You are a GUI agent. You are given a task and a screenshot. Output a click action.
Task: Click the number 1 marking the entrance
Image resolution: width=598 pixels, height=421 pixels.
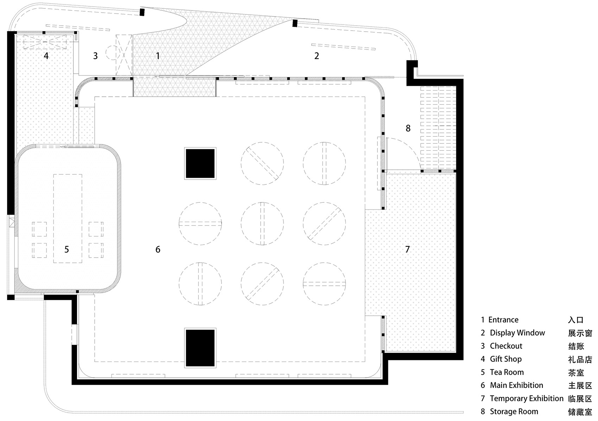(158, 56)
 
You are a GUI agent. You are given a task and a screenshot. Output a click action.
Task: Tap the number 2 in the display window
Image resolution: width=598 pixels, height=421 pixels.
(317, 56)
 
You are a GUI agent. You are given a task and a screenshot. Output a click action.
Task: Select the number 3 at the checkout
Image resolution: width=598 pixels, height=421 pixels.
(95, 56)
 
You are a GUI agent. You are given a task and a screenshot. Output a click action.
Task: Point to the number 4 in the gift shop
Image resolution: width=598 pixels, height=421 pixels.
(46, 56)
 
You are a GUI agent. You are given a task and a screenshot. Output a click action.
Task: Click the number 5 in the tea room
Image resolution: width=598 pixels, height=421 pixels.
(66, 249)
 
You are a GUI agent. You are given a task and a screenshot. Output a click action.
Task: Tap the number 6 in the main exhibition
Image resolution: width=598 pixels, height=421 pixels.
(158, 249)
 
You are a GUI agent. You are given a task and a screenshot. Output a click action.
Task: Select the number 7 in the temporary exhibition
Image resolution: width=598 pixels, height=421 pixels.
(407, 249)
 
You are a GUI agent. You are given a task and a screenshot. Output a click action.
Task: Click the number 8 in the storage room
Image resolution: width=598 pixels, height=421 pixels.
(408, 128)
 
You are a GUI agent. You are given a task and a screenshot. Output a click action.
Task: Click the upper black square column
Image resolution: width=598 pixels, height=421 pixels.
(200, 163)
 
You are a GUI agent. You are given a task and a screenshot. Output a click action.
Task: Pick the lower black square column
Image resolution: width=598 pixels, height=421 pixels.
(200, 348)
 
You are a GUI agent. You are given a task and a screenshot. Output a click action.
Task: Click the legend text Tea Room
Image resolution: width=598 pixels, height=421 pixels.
(507, 372)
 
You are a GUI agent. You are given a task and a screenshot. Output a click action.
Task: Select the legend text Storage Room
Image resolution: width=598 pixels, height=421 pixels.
(514, 412)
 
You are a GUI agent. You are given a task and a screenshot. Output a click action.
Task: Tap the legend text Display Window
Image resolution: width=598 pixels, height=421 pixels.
(517, 333)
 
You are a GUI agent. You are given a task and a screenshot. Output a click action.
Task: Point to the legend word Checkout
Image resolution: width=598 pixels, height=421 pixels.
(506, 346)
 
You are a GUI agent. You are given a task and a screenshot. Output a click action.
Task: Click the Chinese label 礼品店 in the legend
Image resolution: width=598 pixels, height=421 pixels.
(580, 360)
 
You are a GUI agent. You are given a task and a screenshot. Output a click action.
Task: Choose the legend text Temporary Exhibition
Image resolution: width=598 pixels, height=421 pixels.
(526, 399)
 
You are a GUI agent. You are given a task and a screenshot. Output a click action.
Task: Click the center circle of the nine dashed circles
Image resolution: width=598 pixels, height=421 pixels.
(262, 224)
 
